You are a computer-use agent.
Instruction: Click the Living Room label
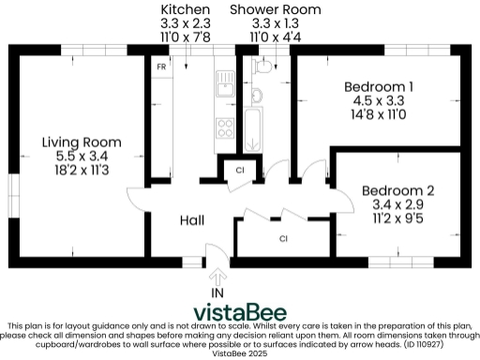click(x=81, y=142)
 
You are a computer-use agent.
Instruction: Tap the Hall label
click(x=192, y=220)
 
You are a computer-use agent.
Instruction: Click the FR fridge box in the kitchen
click(x=161, y=68)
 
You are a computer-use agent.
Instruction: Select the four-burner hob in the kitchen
click(x=225, y=124)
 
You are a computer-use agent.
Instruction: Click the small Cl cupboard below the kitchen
click(x=240, y=171)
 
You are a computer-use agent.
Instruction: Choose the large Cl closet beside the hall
click(x=282, y=239)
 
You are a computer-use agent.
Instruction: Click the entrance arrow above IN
click(x=218, y=277)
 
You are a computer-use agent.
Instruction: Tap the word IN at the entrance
click(x=218, y=293)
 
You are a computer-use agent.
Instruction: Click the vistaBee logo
click(x=240, y=311)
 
